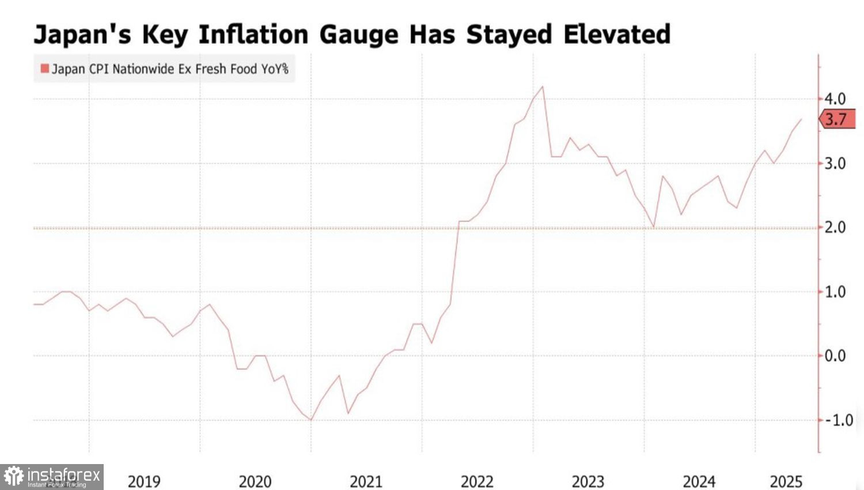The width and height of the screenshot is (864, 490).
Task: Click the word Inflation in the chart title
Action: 253,35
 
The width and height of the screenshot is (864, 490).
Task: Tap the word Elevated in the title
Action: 617,35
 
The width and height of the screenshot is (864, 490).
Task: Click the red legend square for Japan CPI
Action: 44,69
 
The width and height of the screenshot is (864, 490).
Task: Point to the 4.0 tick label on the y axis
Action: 835,99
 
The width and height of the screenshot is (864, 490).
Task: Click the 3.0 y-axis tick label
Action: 835,163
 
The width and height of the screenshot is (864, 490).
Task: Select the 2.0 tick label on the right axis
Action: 835,227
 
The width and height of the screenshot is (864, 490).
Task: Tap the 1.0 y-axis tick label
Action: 835,292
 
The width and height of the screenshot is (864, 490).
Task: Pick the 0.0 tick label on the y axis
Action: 835,356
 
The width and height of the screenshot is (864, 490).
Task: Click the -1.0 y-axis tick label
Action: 839,420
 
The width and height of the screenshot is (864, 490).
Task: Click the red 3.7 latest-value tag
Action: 836,119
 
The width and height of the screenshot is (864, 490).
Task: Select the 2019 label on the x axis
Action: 144,481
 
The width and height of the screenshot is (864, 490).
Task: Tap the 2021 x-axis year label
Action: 366,481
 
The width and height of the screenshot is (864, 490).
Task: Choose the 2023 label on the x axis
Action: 588,481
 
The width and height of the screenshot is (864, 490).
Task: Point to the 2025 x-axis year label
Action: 786,481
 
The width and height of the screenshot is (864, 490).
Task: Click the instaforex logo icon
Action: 13,477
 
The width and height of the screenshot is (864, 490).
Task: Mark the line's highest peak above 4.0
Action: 543,87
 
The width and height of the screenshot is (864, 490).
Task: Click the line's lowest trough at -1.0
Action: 311,420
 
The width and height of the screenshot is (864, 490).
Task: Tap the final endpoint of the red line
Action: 801,119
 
